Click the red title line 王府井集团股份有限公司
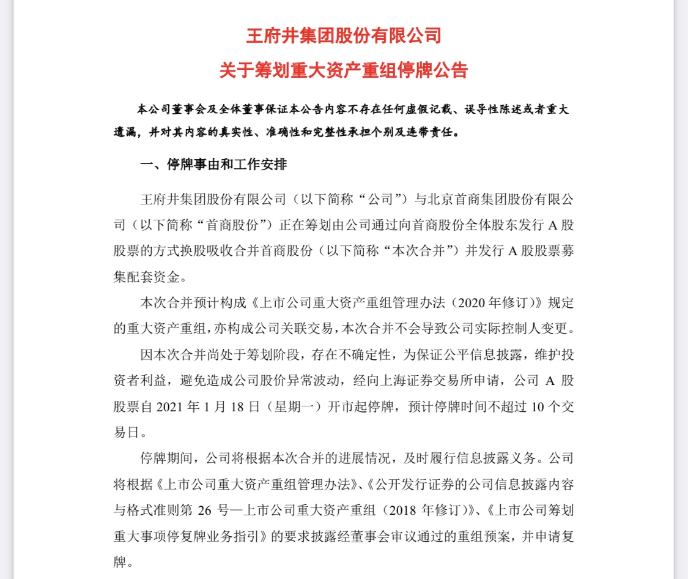343,35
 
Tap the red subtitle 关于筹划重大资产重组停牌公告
343,70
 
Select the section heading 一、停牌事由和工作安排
213,165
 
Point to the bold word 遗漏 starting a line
126,131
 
